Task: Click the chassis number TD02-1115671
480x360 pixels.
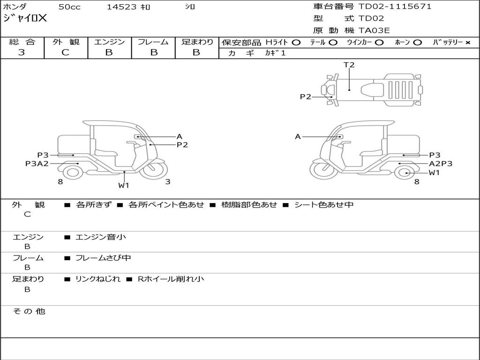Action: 395,7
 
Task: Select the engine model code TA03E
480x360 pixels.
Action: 374,30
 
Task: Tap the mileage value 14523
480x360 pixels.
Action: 121,7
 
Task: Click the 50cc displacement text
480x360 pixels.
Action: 69,7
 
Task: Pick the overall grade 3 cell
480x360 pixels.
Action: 22,52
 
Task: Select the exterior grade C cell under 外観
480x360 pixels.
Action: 66,52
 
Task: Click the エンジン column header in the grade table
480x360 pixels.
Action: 109,42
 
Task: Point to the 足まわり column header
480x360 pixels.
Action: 197,42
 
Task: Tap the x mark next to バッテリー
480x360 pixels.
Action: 467,43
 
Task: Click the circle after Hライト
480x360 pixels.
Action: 296,43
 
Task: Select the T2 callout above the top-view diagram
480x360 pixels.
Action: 349,65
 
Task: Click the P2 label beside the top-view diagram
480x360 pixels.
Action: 306,97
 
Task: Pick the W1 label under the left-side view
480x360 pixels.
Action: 123,185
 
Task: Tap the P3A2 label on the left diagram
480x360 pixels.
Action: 37,164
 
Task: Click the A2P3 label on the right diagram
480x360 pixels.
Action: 441,164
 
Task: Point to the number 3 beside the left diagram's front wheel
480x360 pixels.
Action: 167,182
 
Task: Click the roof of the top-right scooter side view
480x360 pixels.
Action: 366,123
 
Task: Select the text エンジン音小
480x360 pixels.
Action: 101,237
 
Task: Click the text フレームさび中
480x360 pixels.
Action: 103,258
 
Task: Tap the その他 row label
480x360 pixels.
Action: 29,311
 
